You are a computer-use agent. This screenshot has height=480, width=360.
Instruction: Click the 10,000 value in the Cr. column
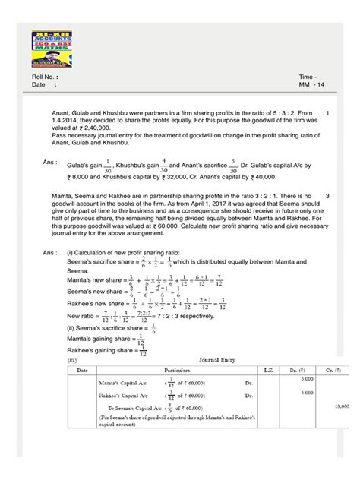pos(339,428)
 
